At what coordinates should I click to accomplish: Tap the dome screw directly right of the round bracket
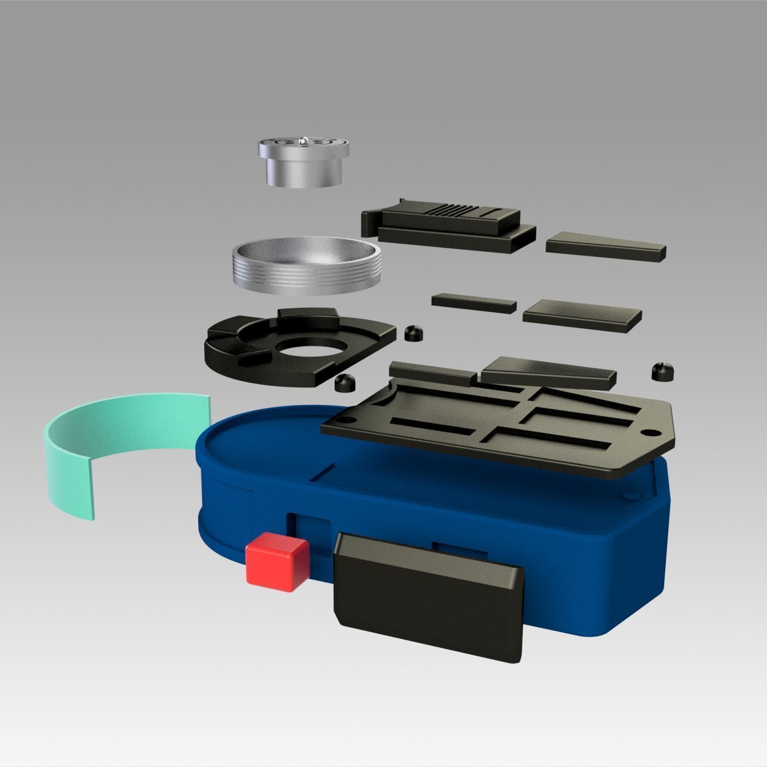(x=414, y=333)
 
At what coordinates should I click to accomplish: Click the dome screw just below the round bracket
(x=345, y=383)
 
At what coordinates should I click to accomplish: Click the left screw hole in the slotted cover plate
(x=347, y=420)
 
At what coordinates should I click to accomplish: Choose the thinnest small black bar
(x=473, y=303)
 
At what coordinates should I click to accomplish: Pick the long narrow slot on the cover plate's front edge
(x=548, y=438)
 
